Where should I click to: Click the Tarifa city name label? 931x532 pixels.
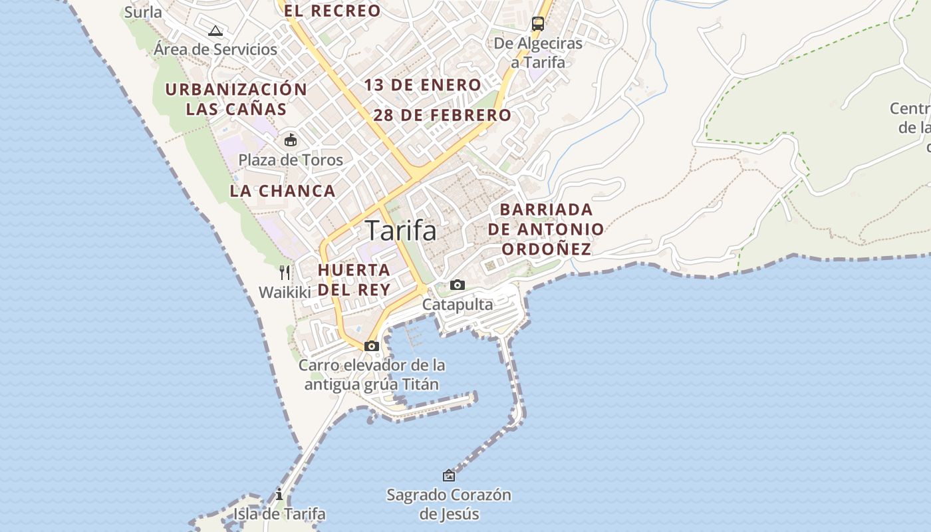(401, 231)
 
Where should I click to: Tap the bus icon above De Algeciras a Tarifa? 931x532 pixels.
(537, 24)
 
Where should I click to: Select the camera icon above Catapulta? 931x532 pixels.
(458, 285)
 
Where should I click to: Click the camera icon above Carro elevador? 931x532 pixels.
(372, 346)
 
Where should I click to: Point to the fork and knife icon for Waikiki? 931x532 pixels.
(285, 272)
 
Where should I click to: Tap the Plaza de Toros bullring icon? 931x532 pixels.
(291, 140)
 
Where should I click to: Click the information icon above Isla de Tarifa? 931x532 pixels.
(279, 494)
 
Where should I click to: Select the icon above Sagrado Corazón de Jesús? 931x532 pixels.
(449, 475)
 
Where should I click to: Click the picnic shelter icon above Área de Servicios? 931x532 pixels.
(215, 31)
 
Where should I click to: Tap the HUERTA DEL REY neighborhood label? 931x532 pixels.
(354, 280)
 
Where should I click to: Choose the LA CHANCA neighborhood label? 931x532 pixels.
(283, 191)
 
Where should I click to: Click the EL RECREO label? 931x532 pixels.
(332, 11)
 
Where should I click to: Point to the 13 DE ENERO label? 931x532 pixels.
(422, 85)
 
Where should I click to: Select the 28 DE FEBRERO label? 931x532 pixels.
(442, 115)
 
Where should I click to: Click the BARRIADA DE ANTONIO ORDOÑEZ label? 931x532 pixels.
(546, 229)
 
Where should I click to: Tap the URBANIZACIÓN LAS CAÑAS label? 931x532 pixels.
(236, 99)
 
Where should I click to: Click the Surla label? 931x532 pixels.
(143, 12)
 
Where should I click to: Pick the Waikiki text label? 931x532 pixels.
(285, 292)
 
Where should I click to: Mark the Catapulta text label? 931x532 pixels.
(458, 305)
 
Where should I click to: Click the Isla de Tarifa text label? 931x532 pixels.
(279, 514)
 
